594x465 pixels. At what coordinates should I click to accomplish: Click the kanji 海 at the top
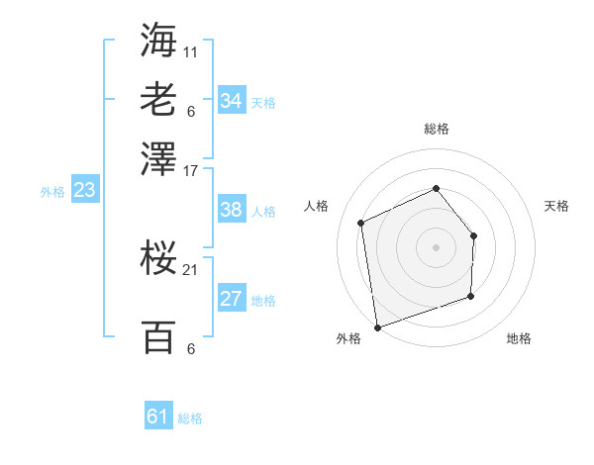click(x=158, y=39)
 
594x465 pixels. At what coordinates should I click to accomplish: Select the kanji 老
click(x=158, y=100)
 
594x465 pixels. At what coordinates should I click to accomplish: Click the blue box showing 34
click(x=231, y=101)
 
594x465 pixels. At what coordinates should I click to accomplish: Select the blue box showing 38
click(x=231, y=210)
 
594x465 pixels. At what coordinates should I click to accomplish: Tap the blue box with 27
click(x=231, y=299)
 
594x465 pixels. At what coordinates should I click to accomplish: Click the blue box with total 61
click(x=158, y=417)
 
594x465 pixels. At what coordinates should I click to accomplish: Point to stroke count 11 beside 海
click(x=190, y=49)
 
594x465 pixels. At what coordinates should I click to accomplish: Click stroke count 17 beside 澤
click(x=190, y=169)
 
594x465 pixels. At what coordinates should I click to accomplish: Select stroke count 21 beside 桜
click(x=190, y=269)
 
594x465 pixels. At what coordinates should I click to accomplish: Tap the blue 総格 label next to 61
click(x=190, y=418)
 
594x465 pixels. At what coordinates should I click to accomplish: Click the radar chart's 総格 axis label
click(x=436, y=129)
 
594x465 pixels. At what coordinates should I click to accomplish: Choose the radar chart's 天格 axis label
click(x=557, y=206)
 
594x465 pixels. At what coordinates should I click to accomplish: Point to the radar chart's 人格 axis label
click(x=316, y=206)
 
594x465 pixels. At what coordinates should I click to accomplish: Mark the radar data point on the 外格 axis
click(x=376, y=326)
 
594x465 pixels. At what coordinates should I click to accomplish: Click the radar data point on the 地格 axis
click(x=471, y=296)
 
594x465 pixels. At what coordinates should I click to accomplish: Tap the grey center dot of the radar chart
click(x=436, y=247)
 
